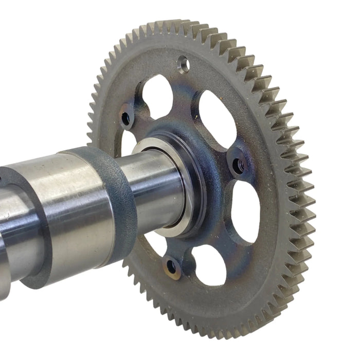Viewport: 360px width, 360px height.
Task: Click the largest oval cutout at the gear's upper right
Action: coord(218,118)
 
